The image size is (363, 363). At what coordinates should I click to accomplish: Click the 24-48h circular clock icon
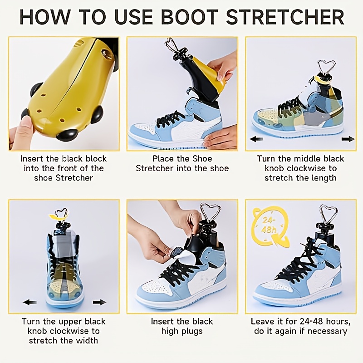(270, 226)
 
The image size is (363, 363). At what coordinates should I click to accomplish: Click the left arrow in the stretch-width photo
(30, 302)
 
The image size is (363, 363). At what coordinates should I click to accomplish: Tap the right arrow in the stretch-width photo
(99, 302)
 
